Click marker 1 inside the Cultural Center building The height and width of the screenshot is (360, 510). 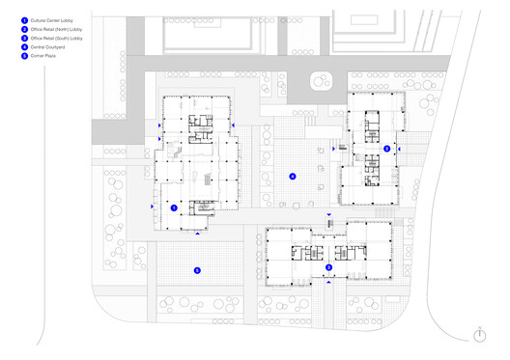pyautogui.click(x=173, y=208)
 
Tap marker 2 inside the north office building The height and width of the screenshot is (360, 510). pyautogui.click(x=386, y=149)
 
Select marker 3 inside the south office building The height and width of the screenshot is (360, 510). pyautogui.click(x=327, y=266)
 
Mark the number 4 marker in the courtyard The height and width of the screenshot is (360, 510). pyautogui.click(x=292, y=177)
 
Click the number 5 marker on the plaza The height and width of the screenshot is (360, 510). pyautogui.click(x=197, y=270)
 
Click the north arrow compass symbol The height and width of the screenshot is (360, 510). pyautogui.click(x=479, y=334)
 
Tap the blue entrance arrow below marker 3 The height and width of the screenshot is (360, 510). pyautogui.click(x=327, y=285)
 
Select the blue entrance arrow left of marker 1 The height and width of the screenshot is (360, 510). pyautogui.click(x=150, y=208)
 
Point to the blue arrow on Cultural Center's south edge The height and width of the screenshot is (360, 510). pyautogui.click(x=198, y=234)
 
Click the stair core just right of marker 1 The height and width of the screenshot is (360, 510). pyautogui.click(x=205, y=208)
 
